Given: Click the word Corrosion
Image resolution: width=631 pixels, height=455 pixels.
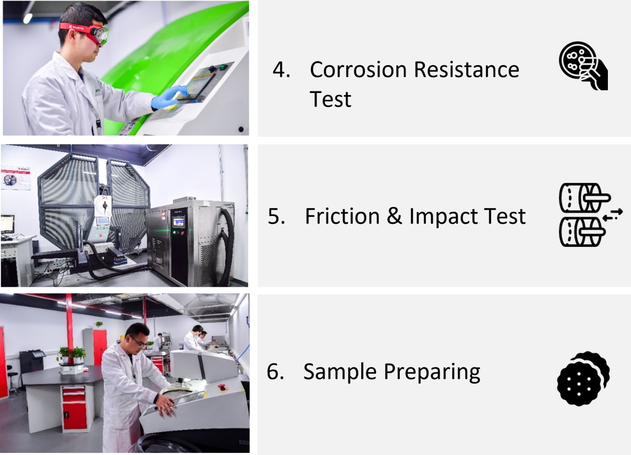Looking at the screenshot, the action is click(x=358, y=69).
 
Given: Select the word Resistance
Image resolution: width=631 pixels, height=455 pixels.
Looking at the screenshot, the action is click(x=467, y=69).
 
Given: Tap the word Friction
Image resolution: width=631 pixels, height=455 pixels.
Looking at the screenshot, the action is click(x=342, y=216).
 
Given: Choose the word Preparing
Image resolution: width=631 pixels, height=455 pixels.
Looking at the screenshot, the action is click(x=432, y=373).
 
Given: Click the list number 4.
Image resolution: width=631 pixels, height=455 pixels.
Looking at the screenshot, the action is click(x=281, y=69).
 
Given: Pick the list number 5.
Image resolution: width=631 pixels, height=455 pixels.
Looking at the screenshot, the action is click(x=276, y=216).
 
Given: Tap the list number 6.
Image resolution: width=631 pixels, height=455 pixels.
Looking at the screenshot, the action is click(x=275, y=371).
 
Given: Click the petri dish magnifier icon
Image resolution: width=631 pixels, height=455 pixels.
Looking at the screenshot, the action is click(x=583, y=66).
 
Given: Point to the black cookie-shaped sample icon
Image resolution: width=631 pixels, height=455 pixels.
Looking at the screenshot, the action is click(x=583, y=379).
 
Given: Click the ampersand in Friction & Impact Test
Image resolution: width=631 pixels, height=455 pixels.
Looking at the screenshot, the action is click(x=394, y=216).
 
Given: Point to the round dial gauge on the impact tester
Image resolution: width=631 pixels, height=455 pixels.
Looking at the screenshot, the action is click(x=103, y=206).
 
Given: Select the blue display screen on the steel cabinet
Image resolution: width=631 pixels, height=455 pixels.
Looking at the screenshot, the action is click(x=179, y=222).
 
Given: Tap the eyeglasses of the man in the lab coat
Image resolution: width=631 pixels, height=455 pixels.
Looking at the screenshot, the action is click(x=140, y=343).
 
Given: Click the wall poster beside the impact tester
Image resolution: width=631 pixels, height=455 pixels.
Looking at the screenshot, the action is click(x=15, y=178).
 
